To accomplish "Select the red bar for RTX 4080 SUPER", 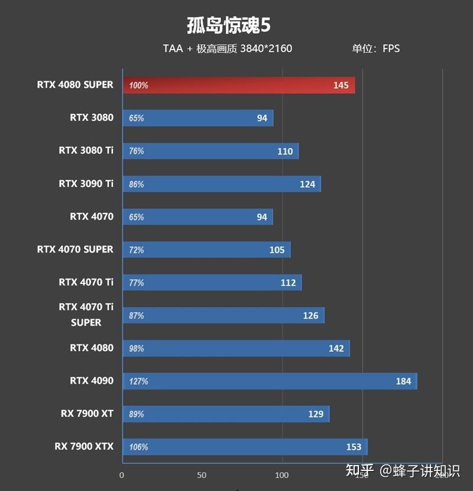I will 239,85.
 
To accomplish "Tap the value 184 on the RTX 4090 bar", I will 403,381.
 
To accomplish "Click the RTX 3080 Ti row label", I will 86,150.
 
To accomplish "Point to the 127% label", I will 138,381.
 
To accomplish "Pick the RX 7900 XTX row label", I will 83,446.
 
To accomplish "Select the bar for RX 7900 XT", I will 226,414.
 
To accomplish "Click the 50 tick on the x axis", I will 202,475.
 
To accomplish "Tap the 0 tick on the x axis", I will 122,475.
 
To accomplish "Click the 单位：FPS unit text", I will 376,48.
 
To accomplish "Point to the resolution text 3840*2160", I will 266,48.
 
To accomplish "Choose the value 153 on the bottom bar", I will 353,447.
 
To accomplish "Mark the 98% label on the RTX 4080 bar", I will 137,348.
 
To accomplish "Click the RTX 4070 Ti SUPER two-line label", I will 86,315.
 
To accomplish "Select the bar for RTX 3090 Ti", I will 222,184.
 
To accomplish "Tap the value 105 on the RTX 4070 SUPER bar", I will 277,250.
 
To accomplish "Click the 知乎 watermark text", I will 359,471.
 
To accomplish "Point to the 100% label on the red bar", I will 138,86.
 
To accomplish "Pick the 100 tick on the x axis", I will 282,475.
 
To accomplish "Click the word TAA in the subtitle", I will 173,48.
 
